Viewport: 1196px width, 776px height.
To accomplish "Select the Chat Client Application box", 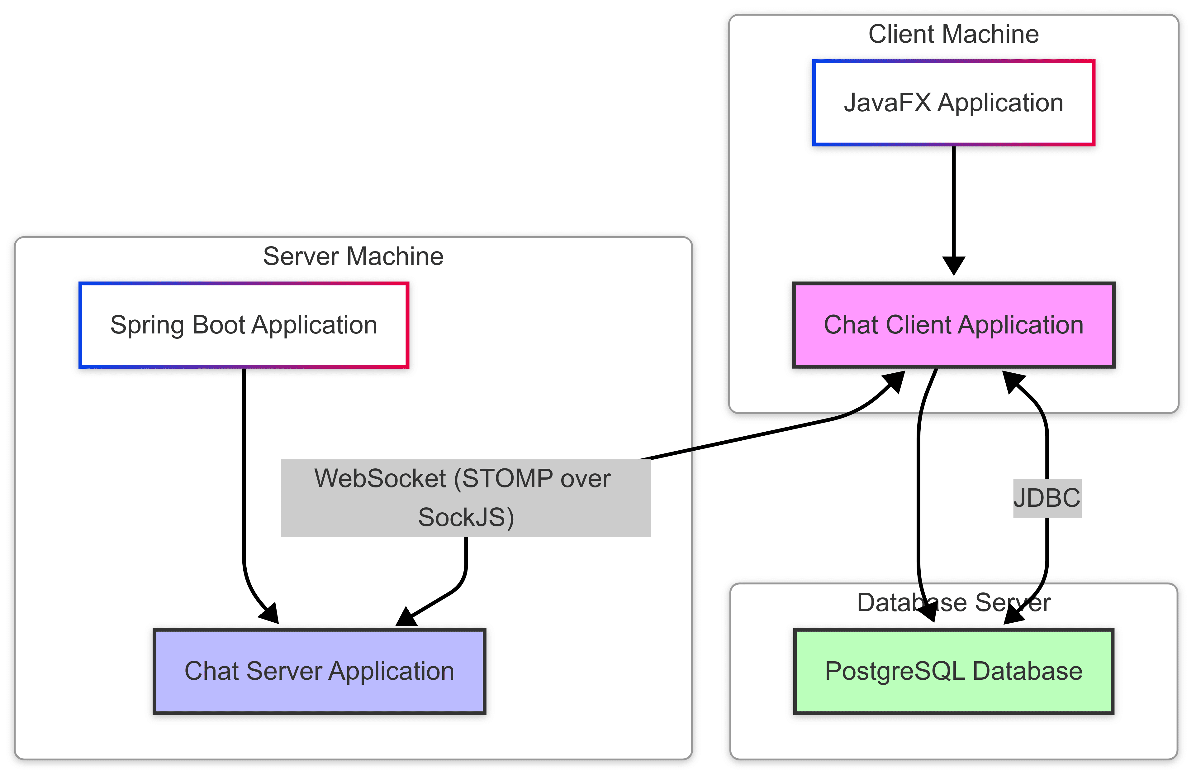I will click(953, 325).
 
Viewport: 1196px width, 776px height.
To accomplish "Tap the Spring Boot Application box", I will click(244, 325).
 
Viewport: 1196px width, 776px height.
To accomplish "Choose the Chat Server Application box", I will click(320, 671).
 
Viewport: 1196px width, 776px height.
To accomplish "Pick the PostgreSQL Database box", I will click(953, 671).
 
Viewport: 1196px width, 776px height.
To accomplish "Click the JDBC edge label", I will click(1047, 498).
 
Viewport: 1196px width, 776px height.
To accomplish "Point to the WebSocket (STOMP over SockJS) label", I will click(465, 498).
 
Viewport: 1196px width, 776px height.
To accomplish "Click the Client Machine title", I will click(953, 34).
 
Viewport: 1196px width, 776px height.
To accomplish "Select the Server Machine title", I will click(353, 256).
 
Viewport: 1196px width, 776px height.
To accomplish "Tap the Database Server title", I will click(953, 602).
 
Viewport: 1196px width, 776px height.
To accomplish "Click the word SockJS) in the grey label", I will click(465, 518).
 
